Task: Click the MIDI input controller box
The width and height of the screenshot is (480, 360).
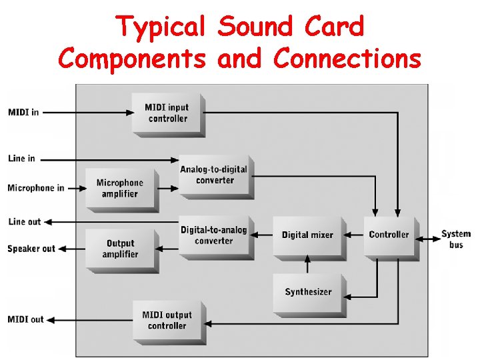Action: pos(168,113)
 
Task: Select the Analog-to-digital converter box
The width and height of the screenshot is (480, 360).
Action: pos(214,175)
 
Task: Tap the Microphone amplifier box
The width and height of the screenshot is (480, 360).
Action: pos(120,188)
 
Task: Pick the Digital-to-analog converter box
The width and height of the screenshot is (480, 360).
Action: pos(213,235)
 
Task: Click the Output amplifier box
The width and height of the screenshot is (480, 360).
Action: pos(120,249)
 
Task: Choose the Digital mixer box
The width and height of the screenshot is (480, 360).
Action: pos(307,235)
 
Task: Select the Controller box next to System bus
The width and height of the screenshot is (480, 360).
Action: pos(389,235)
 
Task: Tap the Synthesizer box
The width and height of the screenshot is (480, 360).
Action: pos(307,292)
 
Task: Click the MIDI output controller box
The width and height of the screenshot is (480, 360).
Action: pos(167,321)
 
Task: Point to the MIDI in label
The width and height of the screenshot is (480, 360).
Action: pos(23,112)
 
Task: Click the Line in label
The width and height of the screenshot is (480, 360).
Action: pos(22,159)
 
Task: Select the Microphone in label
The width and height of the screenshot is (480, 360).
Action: pos(36,188)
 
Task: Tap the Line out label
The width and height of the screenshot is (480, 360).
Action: pos(25,222)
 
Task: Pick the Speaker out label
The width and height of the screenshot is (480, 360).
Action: pos(31,249)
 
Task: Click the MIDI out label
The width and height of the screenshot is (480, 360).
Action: pos(25,319)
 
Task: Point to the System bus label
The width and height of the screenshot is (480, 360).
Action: pos(456,239)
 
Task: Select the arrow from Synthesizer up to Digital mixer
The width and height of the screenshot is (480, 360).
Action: pos(307,265)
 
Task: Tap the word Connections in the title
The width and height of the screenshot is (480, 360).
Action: pos(347,59)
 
